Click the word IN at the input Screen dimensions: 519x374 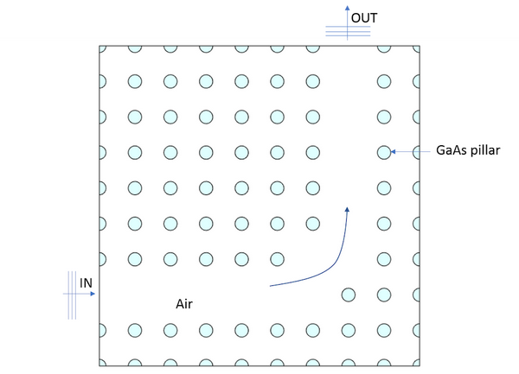pos(86,282)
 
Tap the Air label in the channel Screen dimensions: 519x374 pos(185,304)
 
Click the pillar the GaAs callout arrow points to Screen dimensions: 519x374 pos(384,152)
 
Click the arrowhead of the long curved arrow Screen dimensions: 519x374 pos(347,209)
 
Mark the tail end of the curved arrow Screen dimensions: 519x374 pos(272,284)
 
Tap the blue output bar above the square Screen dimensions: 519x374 pos(348,30)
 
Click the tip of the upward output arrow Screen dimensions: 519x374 pos(348,7)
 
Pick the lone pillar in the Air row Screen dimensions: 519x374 pos(349,295)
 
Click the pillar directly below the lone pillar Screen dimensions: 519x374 pos(349,330)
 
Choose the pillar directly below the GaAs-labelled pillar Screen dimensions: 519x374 pos(384,187)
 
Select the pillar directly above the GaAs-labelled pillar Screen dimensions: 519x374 pos(384,117)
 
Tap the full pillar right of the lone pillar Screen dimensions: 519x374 pos(384,295)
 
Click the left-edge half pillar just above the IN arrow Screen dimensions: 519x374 pos(101,258)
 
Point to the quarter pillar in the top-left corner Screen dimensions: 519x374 pos(100,48)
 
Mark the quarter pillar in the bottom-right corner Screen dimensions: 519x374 pos(418,363)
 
